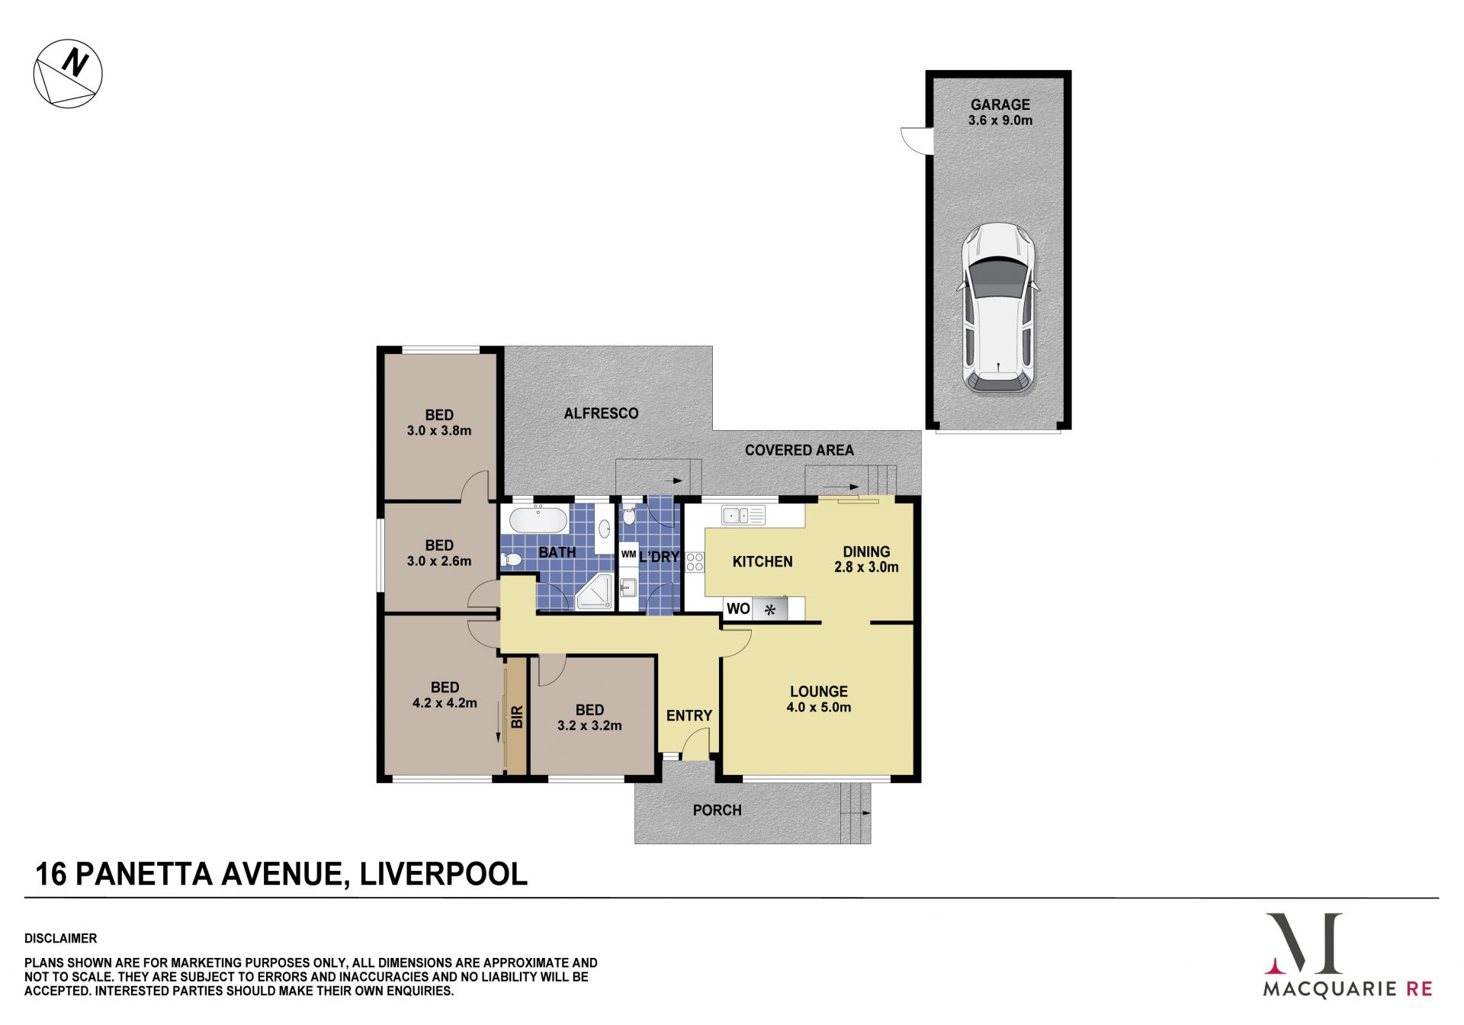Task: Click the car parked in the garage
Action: (x=998, y=308)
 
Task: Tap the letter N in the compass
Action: (x=75, y=62)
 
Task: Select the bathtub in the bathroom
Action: (x=538, y=521)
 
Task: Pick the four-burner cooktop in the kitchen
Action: (x=695, y=563)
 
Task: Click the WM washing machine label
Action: (x=628, y=554)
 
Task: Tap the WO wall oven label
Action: (x=738, y=609)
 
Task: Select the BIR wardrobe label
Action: (x=517, y=717)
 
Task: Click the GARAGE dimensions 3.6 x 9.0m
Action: (x=1000, y=120)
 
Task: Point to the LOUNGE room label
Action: (x=819, y=692)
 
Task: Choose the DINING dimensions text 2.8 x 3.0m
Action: (x=866, y=567)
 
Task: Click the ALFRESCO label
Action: (x=601, y=413)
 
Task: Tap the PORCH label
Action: (x=717, y=810)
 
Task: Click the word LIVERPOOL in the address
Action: (x=443, y=873)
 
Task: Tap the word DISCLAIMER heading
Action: (x=61, y=938)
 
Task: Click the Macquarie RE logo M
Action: (x=1303, y=943)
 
